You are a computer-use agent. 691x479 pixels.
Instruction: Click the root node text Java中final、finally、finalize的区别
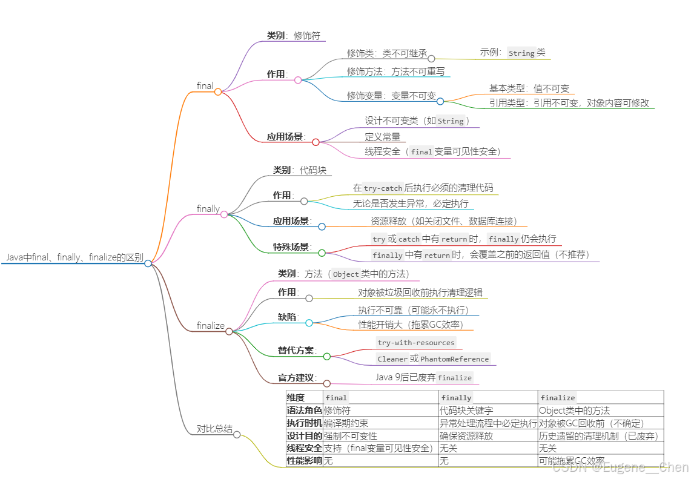click(75, 257)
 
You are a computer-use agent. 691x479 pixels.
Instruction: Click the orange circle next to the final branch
click(218, 92)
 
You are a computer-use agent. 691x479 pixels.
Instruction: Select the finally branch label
click(208, 209)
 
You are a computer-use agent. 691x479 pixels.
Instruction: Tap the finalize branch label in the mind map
click(210, 326)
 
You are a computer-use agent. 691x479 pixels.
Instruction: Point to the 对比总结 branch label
click(214, 429)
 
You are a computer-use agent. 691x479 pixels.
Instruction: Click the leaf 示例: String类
click(512, 53)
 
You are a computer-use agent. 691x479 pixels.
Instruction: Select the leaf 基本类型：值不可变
click(529, 89)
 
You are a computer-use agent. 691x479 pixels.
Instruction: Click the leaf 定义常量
click(382, 137)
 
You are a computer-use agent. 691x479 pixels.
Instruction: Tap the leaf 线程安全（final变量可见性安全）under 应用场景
click(432, 152)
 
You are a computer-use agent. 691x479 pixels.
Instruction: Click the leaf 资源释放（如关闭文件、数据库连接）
click(444, 222)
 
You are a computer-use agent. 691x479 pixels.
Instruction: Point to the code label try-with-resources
click(415, 343)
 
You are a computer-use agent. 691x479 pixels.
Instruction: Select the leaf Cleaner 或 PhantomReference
click(432, 358)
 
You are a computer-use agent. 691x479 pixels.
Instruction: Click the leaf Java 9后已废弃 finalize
click(423, 377)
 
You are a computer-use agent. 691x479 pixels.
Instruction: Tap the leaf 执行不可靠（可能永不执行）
click(414, 310)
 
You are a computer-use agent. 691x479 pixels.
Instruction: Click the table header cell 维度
click(296, 398)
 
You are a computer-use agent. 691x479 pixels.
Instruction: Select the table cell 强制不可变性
click(350, 436)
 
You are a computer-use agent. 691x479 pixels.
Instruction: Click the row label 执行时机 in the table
click(304, 423)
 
